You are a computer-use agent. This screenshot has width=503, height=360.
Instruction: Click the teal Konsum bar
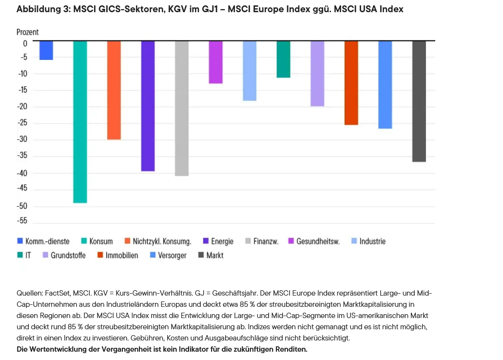[x=80, y=122]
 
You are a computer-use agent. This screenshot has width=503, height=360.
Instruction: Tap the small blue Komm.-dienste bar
[x=46, y=50]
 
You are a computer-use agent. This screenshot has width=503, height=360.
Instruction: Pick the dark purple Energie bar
[x=148, y=106]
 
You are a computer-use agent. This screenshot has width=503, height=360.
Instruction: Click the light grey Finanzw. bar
[x=182, y=108]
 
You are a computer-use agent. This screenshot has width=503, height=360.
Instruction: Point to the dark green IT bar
[x=283, y=60]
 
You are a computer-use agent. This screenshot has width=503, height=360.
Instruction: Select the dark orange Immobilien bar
[x=351, y=83]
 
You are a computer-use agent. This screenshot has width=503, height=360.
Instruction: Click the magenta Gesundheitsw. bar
[x=215, y=62]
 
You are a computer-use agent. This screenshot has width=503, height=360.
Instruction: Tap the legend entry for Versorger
[x=172, y=255]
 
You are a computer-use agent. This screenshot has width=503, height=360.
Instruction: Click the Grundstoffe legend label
[x=68, y=255]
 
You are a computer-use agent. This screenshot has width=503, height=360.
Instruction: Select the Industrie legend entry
[x=372, y=241]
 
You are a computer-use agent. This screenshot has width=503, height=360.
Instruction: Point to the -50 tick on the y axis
[x=22, y=206]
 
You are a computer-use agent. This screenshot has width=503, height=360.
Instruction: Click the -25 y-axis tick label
[x=22, y=123]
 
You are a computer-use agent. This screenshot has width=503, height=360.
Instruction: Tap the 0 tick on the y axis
[x=25, y=43]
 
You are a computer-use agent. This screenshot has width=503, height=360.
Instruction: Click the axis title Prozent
[x=27, y=32]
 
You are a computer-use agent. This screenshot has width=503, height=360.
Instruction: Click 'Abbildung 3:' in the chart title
[x=43, y=9]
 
